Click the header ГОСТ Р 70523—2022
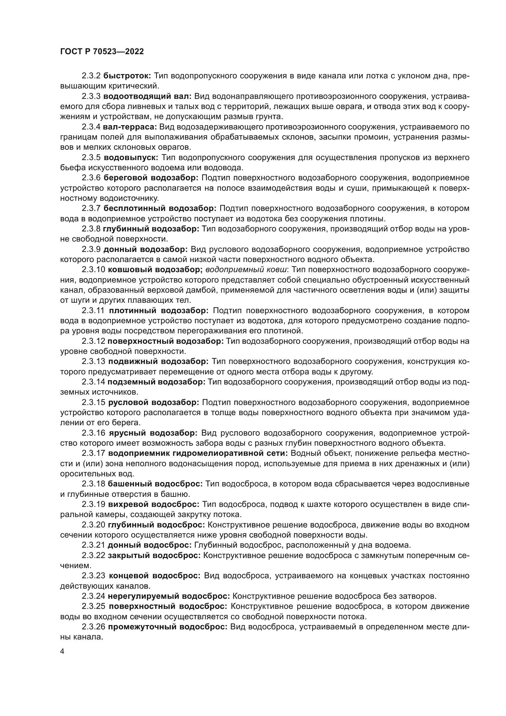tap(102, 52)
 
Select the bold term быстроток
tap(127, 76)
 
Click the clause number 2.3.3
tap(91, 96)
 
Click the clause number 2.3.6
tap(91, 178)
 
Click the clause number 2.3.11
tap(94, 311)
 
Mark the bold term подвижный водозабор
tap(158, 362)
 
